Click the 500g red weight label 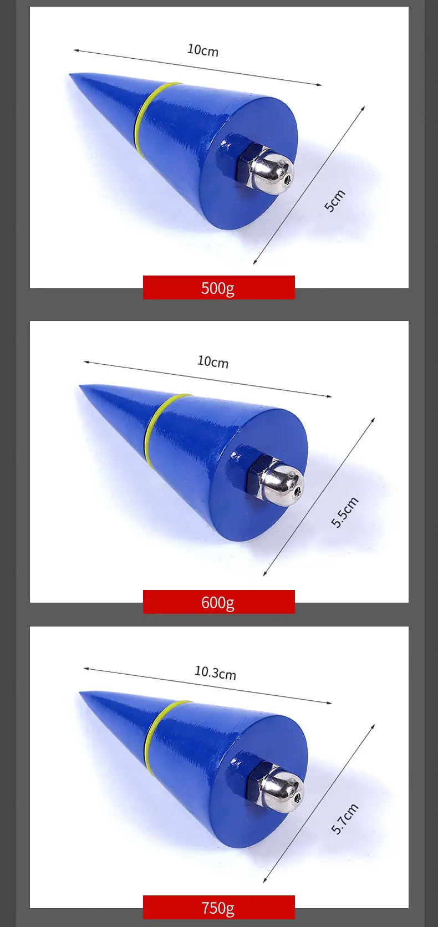[x=218, y=287]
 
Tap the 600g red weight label [x=218, y=602]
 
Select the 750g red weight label [x=218, y=908]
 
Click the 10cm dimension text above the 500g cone [x=203, y=50]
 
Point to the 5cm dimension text [x=334, y=201]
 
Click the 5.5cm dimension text [x=344, y=512]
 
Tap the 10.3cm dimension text [x=215, y=673]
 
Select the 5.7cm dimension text [x=344, y=818]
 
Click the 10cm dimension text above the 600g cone [x=213, y=361]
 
